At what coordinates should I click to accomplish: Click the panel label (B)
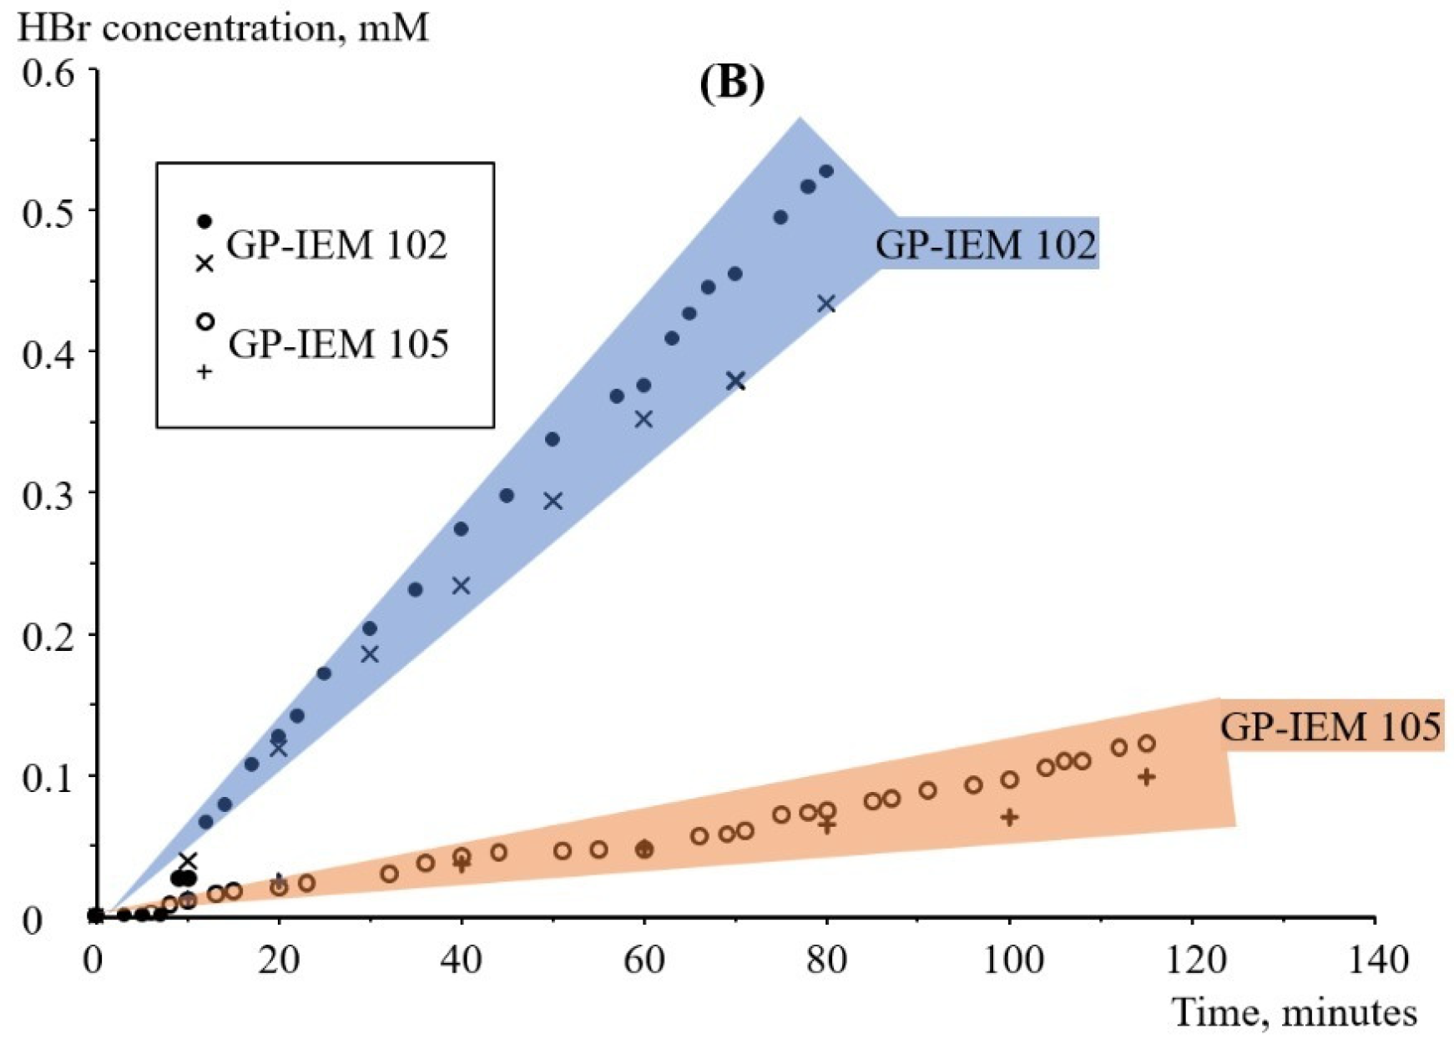tap(731, 83)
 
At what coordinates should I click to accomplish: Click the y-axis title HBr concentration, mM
tap(224, 28)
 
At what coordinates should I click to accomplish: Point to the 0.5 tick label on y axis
tap(48, 213)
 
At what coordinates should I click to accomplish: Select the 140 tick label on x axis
tap(1377, 961)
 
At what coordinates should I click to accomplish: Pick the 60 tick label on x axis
tap(644, 961)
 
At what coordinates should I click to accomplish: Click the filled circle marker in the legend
tap(204, 221)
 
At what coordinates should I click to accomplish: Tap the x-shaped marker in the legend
tap(204, 264)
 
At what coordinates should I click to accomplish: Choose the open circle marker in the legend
tap(204, 321)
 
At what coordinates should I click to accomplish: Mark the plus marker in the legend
tap(204, 372)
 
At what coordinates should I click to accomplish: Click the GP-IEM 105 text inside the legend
tap(338, 344)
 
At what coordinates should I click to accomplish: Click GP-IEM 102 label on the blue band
tap(986, 245)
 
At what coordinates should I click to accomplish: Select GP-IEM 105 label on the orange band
tap(1330, 726)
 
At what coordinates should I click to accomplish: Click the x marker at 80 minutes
tap(826, 304)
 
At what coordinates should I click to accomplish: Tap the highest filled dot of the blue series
tap(826, 171)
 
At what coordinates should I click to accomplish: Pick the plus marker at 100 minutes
tap(1010, 817)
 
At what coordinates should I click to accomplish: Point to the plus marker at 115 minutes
tap(1147, 777)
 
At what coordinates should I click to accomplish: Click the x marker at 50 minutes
tap(553, 501)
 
